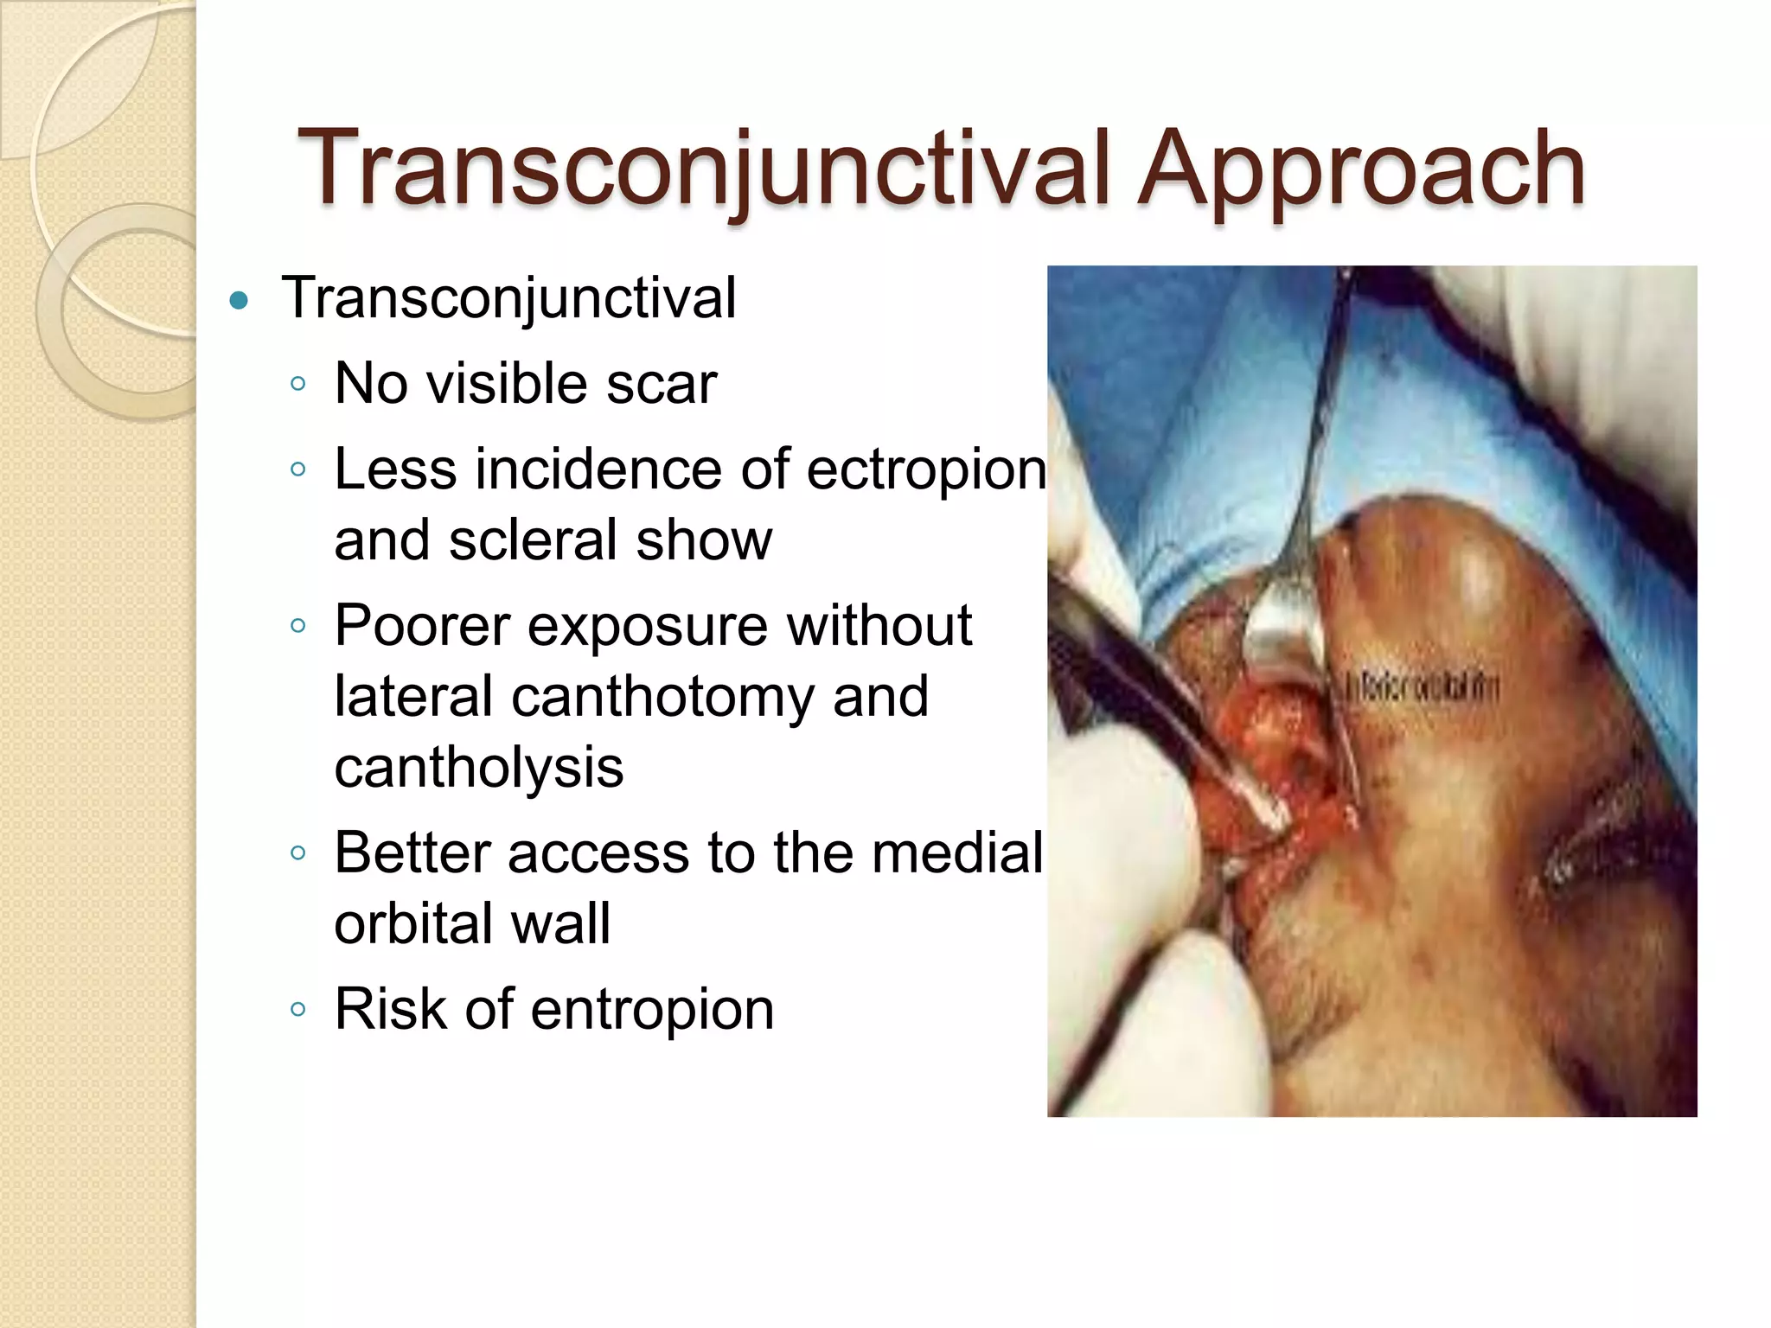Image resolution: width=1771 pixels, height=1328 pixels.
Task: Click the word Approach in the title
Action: click(1360, 170)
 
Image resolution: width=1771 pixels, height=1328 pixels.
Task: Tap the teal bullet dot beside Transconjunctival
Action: click(240, 301)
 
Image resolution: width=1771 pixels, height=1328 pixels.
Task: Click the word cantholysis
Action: click(478, 768)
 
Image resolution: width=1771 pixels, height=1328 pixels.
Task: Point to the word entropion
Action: click(652, 1009)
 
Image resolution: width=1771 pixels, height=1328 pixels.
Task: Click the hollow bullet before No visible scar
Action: click(298, 384)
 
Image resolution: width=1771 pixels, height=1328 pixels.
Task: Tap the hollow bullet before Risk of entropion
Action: click(298, 1009)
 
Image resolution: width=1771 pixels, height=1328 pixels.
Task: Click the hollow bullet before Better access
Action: click(298, 853)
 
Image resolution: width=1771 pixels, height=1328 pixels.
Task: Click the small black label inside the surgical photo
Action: click(1418, 688)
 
